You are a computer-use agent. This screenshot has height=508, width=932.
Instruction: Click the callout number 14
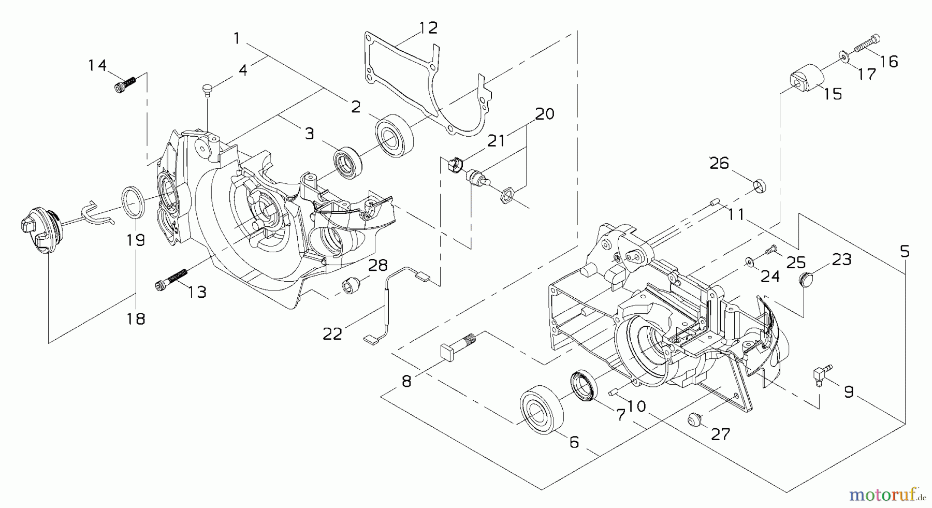(x=97, y=66)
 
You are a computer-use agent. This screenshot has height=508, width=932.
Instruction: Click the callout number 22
(x=332, y=334)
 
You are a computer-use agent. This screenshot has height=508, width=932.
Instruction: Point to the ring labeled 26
(x=760, y=185)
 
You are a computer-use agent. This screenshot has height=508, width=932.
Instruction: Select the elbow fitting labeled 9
(x=819, y=373)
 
